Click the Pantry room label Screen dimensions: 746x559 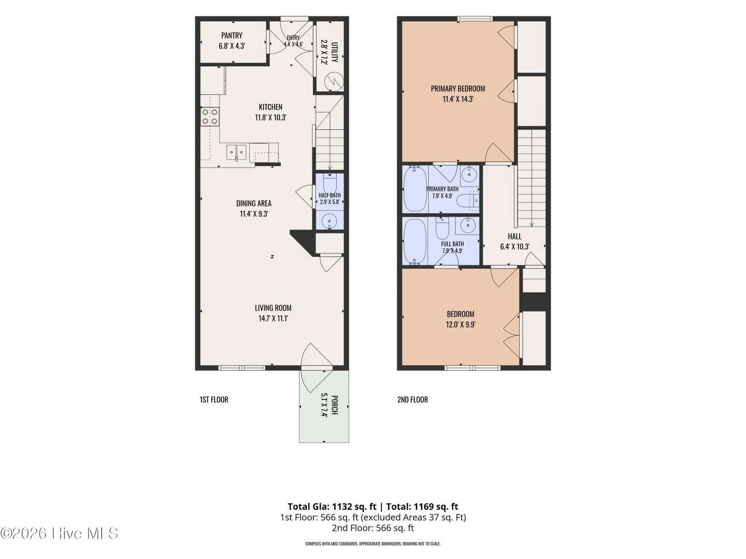point(232,35)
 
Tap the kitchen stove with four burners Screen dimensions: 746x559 point(210,116)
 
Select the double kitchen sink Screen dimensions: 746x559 point(237,152)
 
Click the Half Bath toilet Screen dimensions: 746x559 point(329,183)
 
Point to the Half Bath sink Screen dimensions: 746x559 point(329,221)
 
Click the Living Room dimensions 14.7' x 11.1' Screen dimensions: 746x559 point(273,318)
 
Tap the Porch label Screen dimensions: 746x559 point(334,405)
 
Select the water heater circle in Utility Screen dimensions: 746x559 point(334,82)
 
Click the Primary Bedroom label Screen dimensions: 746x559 point(458,89)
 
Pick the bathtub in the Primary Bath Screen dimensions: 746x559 point(414,189)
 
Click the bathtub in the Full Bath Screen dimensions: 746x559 point(414,241)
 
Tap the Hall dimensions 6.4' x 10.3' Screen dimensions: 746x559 point(514,247)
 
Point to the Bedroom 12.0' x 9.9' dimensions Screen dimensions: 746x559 point(461,325)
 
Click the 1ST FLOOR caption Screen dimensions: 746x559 point(214,400)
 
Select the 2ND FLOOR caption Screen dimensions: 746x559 point(412,400)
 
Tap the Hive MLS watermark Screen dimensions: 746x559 point(59,533)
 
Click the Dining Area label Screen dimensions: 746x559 point(254,203)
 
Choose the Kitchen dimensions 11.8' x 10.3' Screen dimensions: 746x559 point(270,118)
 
